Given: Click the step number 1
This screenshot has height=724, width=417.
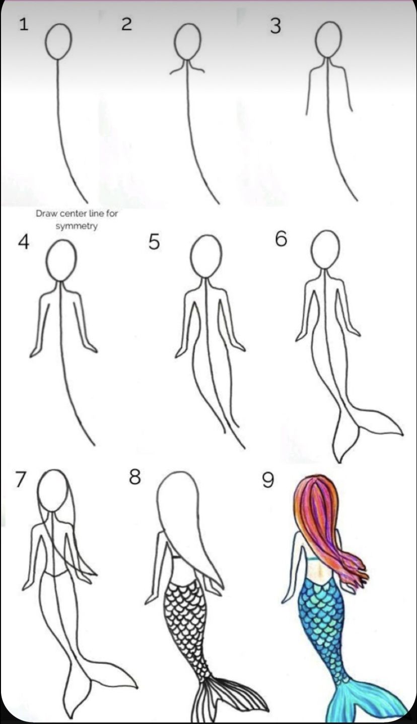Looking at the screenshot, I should coord(24,24).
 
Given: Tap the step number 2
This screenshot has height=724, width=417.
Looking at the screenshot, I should coord(127,24).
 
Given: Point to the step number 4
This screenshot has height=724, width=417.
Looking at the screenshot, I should coord(24,242).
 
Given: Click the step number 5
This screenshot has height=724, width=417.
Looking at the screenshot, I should coord(154,242).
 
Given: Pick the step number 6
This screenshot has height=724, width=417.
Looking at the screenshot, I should coord(281,239).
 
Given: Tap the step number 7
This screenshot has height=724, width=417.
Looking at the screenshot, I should coord(20,480).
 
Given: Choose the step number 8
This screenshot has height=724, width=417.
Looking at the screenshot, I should coord(134,477).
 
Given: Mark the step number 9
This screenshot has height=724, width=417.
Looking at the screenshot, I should coord(268,481).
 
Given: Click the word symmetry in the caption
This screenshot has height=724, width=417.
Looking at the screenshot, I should coord(77,226).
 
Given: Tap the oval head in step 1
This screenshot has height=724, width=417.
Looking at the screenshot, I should coord(58,41).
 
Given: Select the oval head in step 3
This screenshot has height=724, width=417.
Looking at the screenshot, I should coord(328,39).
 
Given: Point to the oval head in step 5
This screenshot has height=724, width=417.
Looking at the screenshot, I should coord(206,256).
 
